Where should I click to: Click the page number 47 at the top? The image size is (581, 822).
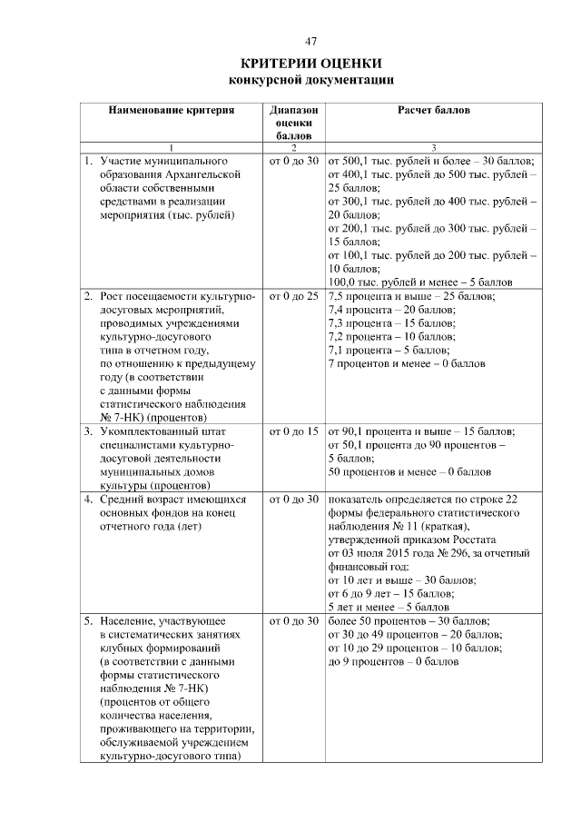310,42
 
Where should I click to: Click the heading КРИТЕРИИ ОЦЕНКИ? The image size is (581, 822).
310,64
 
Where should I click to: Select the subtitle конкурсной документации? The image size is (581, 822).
310,80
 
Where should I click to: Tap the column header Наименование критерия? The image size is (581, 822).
172,110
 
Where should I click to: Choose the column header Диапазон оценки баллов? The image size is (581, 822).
293,122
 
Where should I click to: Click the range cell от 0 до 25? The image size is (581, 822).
293,297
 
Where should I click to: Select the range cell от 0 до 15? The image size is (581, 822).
293,431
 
